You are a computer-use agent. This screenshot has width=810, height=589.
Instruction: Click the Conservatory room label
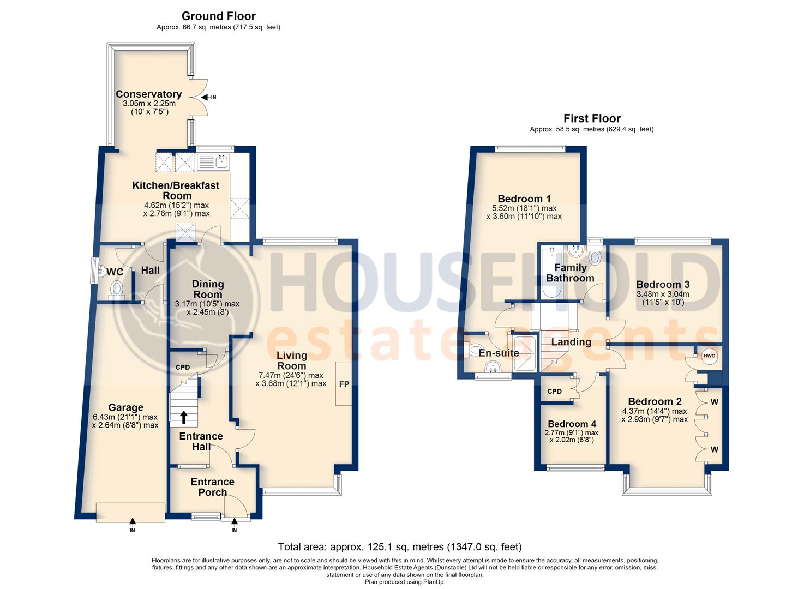[148, 94]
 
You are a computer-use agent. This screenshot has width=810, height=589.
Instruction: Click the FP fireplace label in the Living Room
[344, 384]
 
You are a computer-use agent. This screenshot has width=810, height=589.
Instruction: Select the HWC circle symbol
[709, 356]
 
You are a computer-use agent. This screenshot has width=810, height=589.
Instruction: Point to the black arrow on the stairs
[184, 417]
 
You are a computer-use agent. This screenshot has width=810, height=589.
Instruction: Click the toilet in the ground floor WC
[117, 288]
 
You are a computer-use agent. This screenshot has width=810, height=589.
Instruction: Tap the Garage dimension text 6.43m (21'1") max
[125, 417]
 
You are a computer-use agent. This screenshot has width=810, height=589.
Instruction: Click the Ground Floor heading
[218, 16]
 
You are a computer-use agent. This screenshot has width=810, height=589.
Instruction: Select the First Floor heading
[592, 118]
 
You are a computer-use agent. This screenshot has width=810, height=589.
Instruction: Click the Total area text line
[400, 546]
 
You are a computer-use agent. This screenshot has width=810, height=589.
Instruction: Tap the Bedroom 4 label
[572, 424]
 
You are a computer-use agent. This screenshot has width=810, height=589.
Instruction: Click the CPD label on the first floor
[554, 391]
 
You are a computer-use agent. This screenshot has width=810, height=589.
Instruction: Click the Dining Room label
[207, 289]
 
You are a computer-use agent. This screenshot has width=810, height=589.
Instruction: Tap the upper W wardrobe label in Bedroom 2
[714, 402]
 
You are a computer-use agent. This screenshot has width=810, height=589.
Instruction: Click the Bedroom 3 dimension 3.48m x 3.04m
[663, 294]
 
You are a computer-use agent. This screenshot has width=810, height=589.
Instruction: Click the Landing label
[571, 342]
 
